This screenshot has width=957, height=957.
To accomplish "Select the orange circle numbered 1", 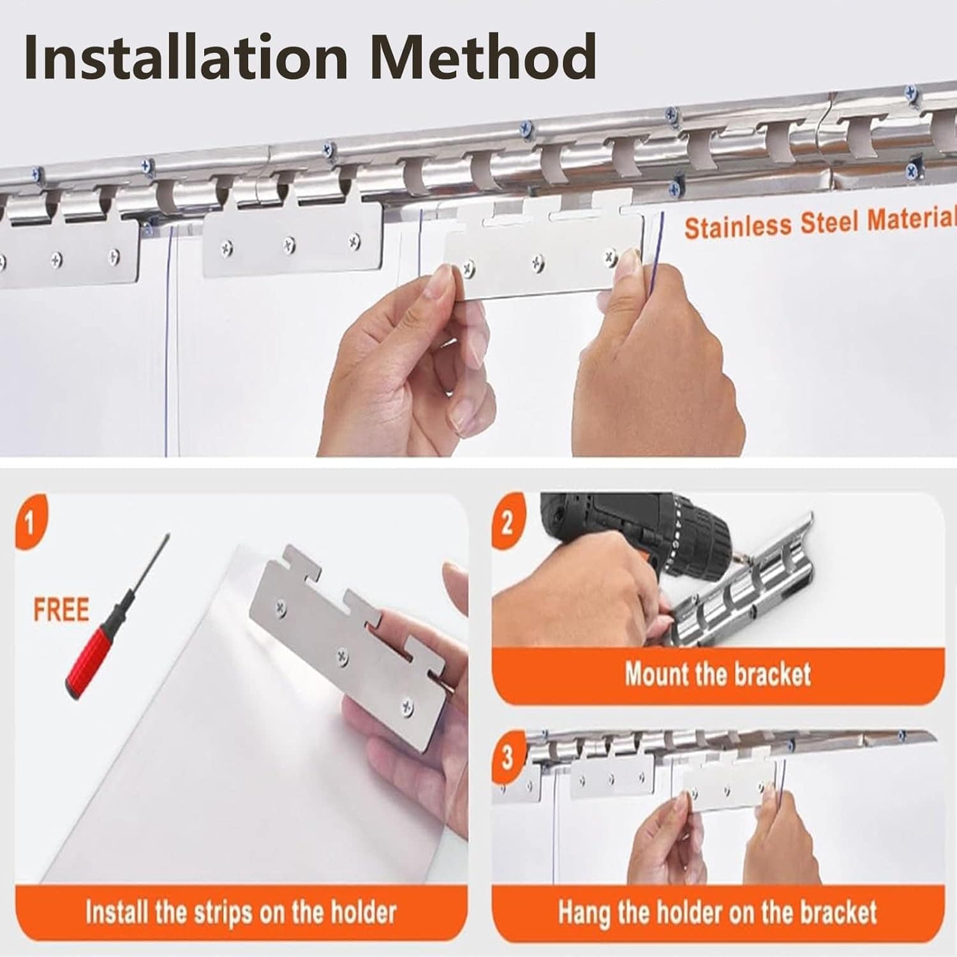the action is point(29,524).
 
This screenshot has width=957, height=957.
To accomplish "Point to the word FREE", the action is point(61,609).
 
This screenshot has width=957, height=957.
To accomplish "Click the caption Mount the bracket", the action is point(718,674).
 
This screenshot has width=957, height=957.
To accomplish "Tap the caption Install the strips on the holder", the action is point(241,912).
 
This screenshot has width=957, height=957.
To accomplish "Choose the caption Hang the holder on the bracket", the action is point(718,912).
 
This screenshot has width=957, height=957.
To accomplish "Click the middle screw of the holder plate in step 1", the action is point(343,655).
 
